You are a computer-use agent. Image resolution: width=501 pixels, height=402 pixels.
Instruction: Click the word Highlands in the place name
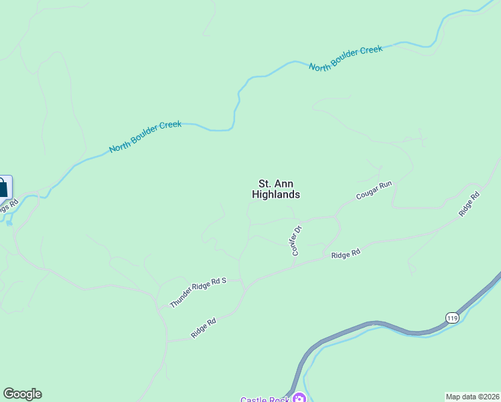point(275,195)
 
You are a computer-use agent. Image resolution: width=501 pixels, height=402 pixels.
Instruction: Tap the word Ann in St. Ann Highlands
point(284,184)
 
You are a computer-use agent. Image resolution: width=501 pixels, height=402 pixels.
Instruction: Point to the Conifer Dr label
point(297,240)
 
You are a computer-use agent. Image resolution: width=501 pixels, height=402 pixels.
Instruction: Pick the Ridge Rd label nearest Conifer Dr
point(346,254)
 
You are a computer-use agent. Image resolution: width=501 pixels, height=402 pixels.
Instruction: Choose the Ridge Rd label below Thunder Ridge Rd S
point(203,328)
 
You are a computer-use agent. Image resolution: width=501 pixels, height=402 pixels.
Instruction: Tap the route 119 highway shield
point(452,316)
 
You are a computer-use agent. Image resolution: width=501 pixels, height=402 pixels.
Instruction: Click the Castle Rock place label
point(264,399)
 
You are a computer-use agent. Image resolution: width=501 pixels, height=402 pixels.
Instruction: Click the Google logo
point(22,394)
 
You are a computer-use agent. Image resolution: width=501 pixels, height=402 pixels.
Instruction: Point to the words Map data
point(460,397)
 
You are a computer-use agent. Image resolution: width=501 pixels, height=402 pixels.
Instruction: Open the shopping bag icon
point(3,187)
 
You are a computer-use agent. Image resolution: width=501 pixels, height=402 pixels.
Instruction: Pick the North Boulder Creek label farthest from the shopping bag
point(346,58)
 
